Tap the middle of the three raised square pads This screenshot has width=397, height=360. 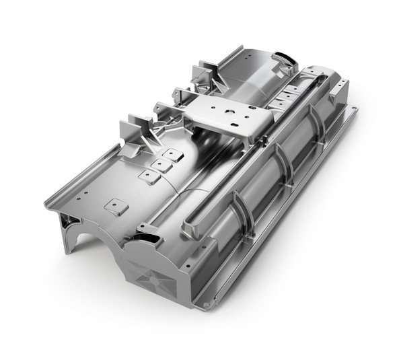(x=161, y=164)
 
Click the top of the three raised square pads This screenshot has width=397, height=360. (x=174, y=153)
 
